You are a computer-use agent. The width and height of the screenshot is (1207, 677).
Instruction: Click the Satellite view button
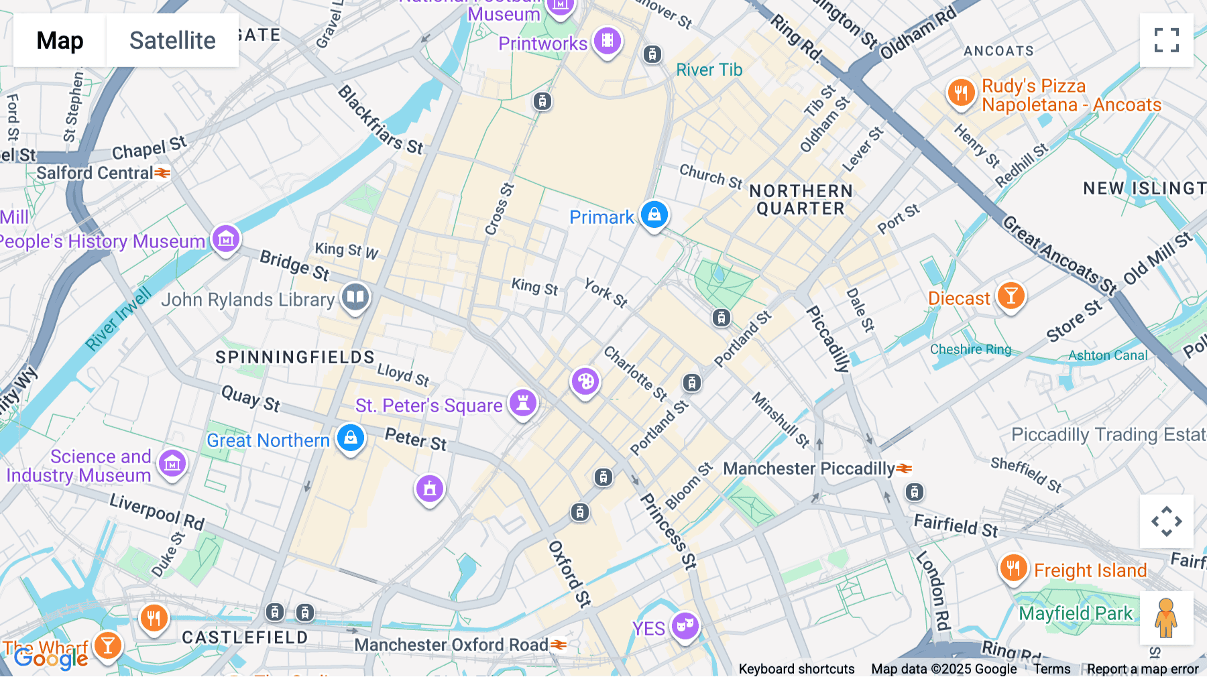(172, 40)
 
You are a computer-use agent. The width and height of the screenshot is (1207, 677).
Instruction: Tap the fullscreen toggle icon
(1166, 40)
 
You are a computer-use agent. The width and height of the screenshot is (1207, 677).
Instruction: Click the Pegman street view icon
(1166, 617)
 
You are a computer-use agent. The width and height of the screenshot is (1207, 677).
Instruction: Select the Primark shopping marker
(654, 214)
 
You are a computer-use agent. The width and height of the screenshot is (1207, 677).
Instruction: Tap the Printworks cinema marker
(607, 41)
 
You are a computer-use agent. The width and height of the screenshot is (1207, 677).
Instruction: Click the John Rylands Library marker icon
(355, 297)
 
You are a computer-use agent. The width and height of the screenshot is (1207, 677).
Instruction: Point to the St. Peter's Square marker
(522, 404)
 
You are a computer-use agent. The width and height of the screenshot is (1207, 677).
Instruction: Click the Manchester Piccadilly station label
(809, 469)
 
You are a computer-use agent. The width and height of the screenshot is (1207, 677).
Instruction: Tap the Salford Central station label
(95, 173)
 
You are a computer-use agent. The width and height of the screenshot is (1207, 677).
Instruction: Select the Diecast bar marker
(1011, 296)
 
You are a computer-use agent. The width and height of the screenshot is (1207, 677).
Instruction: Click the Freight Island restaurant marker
(1013, 568)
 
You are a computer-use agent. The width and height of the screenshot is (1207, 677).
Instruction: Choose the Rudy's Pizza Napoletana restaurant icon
(961, 93)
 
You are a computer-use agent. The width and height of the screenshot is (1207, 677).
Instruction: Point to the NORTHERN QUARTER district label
(801, 200)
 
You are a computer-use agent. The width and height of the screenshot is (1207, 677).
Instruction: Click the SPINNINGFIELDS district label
(295, 357)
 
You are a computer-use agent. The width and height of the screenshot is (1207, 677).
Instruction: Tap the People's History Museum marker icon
(226, 239)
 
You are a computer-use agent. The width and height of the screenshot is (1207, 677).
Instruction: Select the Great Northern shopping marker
(350, 438)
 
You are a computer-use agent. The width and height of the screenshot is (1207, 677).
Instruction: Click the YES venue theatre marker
(685, 626)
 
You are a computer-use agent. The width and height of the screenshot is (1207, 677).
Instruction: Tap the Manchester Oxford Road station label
(451, 645)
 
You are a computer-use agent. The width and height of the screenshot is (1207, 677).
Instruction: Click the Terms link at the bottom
(1051, 669)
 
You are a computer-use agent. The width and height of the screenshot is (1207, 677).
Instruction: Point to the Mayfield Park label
(1076, 613)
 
